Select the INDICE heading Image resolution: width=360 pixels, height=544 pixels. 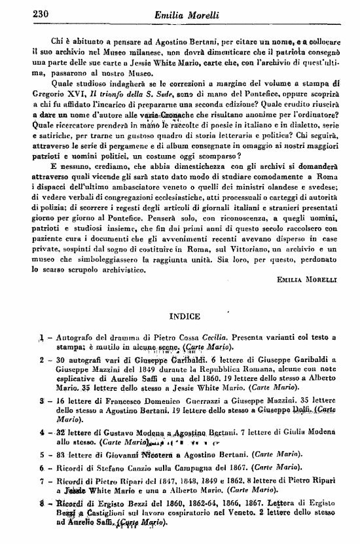184,316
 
